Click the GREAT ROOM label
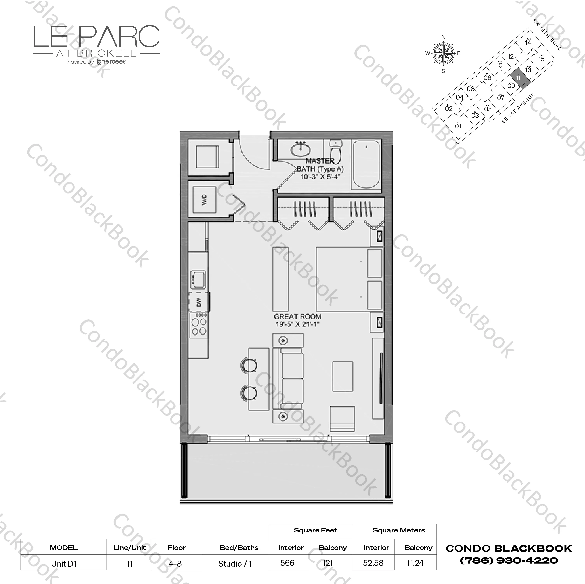tap(297, 317)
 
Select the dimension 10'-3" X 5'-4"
tap(320, 176)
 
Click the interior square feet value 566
tap(287, 563)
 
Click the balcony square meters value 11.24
tap(415, 563)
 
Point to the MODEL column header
tap(64, 548)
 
